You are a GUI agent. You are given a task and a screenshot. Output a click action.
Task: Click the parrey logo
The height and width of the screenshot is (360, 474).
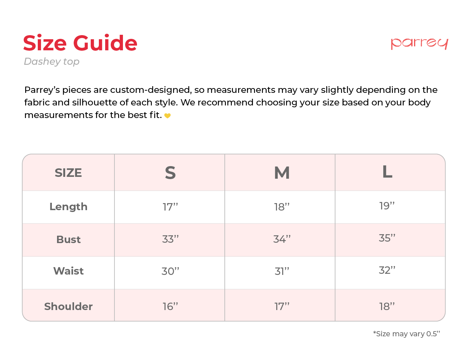pos(419,43)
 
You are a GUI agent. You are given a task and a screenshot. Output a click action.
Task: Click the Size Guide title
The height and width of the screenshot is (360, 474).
pos(80,43)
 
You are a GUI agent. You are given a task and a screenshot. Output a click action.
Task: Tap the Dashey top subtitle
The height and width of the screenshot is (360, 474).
pos(52,61)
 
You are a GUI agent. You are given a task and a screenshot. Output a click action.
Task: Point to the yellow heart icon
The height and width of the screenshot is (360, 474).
pos(167,116)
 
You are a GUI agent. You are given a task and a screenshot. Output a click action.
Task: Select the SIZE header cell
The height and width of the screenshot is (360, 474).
pos(68,173)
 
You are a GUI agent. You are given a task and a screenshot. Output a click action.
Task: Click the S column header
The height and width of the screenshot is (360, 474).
pos(170,173)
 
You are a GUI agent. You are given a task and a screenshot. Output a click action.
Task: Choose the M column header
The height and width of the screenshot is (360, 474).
pos(282,173)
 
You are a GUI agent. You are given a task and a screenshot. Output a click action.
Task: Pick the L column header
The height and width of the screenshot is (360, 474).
pos(387,172)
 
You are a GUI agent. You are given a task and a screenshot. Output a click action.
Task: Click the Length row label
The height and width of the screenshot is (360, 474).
pos(69,206)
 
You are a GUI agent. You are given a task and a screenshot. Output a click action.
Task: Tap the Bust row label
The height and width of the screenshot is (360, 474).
pos(69,239)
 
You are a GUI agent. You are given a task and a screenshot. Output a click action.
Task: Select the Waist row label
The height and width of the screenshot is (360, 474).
pos(69,271)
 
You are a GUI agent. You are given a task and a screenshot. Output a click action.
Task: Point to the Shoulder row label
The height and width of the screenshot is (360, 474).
pos(69,306)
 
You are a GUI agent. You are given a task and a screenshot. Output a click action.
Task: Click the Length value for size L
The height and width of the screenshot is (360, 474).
pos(387,206)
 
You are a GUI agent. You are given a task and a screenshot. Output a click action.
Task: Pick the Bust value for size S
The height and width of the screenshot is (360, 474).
pos(170,239)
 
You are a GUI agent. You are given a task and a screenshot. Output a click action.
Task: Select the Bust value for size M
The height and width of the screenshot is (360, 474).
pos(282,239)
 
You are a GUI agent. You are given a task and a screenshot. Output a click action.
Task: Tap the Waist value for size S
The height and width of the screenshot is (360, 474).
pos(170,271)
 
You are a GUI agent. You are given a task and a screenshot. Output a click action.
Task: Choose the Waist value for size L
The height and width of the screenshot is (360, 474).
pos(387,270)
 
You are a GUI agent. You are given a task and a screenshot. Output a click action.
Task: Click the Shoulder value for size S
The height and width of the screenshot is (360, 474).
pos(170,306)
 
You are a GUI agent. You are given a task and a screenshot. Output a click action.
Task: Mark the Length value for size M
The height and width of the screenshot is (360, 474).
pos(282,207)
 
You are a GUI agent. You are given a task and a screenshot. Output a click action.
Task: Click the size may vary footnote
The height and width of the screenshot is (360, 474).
pos(407,334)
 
